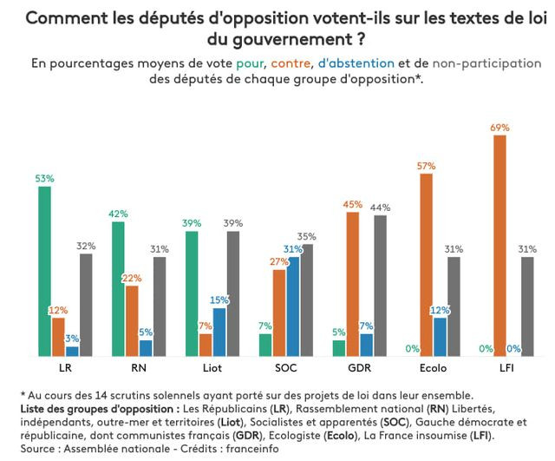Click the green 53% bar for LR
coord(44,271)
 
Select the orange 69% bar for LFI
coord(499,246)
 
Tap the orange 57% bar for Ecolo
coord(426,265)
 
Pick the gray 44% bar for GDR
coord(380,285)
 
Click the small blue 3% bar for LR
coord(72,351)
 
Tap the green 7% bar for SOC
coord(265,345)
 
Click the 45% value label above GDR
coord(353,204)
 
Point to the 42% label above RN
coord(118,214)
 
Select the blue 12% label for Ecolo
coord(441,310)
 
